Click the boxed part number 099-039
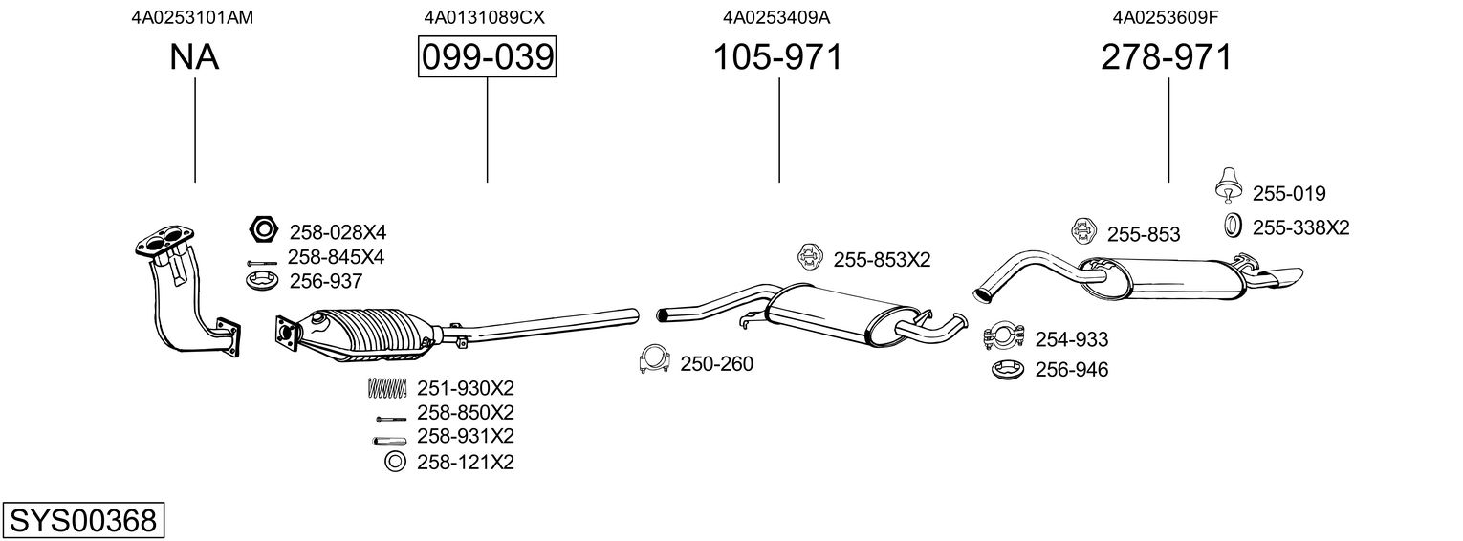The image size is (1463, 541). pyautogui.click(x=487, y=57)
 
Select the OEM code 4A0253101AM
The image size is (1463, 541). pyautogui.click(x=192, y=17)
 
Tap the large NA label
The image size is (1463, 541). pyautogui.click(x=194, y=57)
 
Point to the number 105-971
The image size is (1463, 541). pyautogui.click(x=778, y=57)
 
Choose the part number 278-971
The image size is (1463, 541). pyautogui.click(x=1167, y=57)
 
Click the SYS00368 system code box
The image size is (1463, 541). pyautogui.click(x=82, y=521)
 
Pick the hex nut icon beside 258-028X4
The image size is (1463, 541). pyautogui.click(x=262, y=230)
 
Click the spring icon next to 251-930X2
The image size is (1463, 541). pyautogui.click(x=387, y=388)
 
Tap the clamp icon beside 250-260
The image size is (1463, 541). pyautogui.click(x=654, y=360)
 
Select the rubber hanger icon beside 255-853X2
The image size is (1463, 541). pyautogui.click(x=810, y=257)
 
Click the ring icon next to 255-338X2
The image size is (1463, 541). pyautogui.click(x=1234, y=227)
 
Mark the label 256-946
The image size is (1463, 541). pyautogui.click(x=1071, y=370)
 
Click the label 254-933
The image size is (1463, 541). pyautogui.click(x=1072, y=339)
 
